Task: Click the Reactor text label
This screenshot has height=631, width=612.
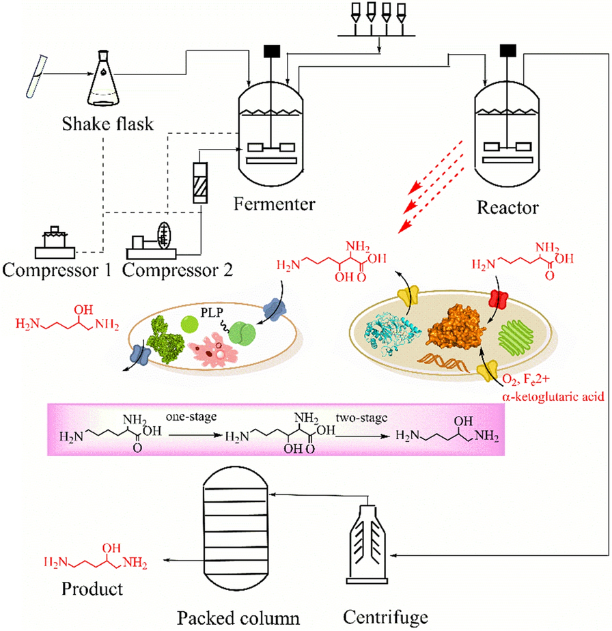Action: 509,204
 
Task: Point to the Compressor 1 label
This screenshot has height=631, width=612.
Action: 57,270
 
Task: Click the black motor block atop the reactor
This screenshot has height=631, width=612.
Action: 507,49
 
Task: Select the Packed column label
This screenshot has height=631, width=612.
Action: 239,619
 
